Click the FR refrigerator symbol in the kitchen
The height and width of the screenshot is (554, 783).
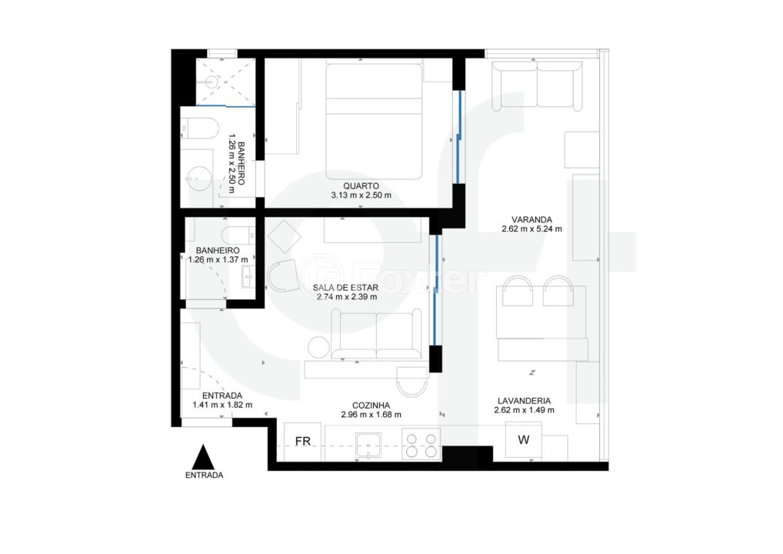pos(302,442)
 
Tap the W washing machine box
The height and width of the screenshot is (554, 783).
pos(523,439)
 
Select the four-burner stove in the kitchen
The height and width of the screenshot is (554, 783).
pos(421,445)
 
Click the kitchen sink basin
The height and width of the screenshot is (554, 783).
pos(368,445)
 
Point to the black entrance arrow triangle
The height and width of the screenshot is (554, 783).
pos(203,456)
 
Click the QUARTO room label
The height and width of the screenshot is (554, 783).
pos(361,186)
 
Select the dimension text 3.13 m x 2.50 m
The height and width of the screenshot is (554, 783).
pos(361,195)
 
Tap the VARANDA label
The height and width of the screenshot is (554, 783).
pos(531,219)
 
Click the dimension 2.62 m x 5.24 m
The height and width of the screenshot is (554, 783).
pos(531,229)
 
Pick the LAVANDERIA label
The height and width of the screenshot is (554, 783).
pos(525,401)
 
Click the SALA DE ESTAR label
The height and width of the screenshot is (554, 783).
pos(345,287)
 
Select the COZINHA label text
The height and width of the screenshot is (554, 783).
pos(371,405)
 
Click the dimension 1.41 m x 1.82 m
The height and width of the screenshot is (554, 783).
pos(222,405)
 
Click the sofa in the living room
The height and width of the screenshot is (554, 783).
pos(376,334)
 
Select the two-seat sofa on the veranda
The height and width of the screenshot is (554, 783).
pos(537,85)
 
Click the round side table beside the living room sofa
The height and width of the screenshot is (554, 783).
pos(318,347)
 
